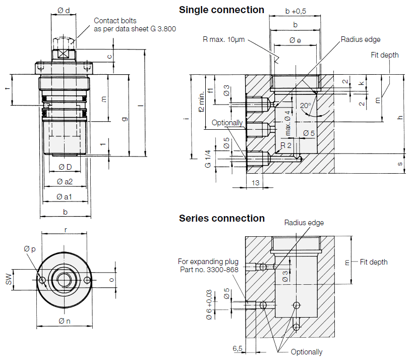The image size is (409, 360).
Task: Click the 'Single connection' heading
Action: tap(221, 10)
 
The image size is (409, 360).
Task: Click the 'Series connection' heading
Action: tap(222, 218)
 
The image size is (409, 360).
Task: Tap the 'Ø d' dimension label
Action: tap(64, 11)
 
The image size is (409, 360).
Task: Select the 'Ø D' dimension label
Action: tap(65, 167)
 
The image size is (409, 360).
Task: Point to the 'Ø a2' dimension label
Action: tap(65, 182)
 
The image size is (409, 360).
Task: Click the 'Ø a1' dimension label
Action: tap(64, 197)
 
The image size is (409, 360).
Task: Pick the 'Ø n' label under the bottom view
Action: tap(65, 321)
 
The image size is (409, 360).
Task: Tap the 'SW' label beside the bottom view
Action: tap(9, 279)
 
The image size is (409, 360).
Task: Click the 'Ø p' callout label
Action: tap(29, 249)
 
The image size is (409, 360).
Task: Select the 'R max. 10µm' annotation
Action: tap(223, 39)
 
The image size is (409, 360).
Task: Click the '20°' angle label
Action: tap(306, 106)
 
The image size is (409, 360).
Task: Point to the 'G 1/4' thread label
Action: tap(208, 159)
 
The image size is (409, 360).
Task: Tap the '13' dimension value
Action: tap(255, 183)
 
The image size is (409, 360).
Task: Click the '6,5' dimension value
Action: tap(238, 348)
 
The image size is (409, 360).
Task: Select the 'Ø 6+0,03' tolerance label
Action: tap(209, 304)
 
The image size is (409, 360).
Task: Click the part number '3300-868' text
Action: tap(222, 270)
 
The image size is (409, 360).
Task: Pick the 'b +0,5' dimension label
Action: tap(296, 11)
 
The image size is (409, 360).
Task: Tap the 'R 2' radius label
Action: tap(285, 145)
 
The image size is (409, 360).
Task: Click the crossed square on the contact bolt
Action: tap(64, 54)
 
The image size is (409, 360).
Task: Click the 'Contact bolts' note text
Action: tap(115, 21)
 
